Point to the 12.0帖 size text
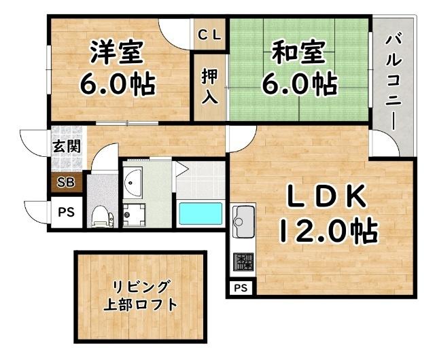(326, 233)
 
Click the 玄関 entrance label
(66, 146)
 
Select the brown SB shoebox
(66, 181)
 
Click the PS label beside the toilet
(66, 212)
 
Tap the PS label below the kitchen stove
(241, 288)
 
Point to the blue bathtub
(200, 215)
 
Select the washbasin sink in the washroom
(133, 180)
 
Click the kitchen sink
(243, 219)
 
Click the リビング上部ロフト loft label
(141, 295)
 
